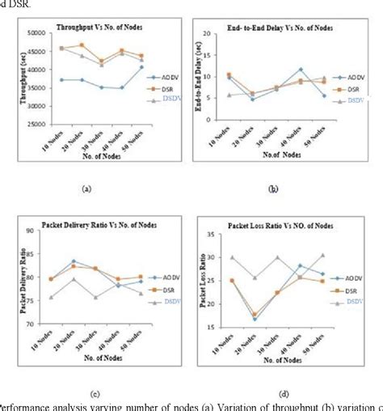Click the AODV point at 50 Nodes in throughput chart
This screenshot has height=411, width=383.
(141, 67)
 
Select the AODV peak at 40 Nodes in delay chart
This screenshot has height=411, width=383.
(300, 70)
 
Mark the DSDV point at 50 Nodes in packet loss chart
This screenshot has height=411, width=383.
(322, 256)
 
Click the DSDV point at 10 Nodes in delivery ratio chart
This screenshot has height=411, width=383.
(51, 297)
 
